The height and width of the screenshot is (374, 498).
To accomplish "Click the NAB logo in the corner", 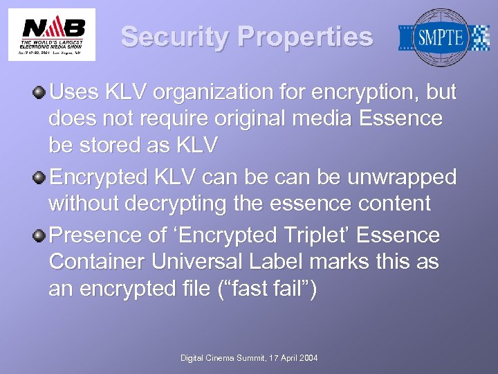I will [x=52, y=35].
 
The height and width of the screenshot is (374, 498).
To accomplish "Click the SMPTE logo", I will [x=443, y=37].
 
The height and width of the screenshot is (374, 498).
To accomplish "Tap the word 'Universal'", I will [x=197, y=262].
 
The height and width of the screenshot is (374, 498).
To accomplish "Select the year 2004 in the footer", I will [x=306, y=357].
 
